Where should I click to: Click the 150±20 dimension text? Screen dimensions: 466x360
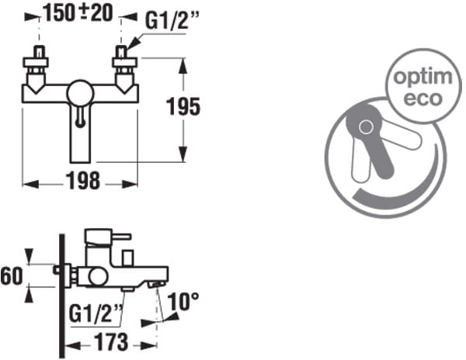pos(78,12)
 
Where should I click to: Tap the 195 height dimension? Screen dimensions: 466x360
pos(183,106)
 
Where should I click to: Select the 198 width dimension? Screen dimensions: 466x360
pos(82,181)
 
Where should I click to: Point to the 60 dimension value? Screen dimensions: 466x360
pos(12,276)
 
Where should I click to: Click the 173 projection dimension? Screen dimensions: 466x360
pos(111,342)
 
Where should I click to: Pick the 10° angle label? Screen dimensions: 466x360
pos(183,302)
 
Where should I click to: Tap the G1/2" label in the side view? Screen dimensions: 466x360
pos(96,313)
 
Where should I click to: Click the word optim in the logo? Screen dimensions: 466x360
pos(423,77)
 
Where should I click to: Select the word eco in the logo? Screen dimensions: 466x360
pos(423,99)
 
